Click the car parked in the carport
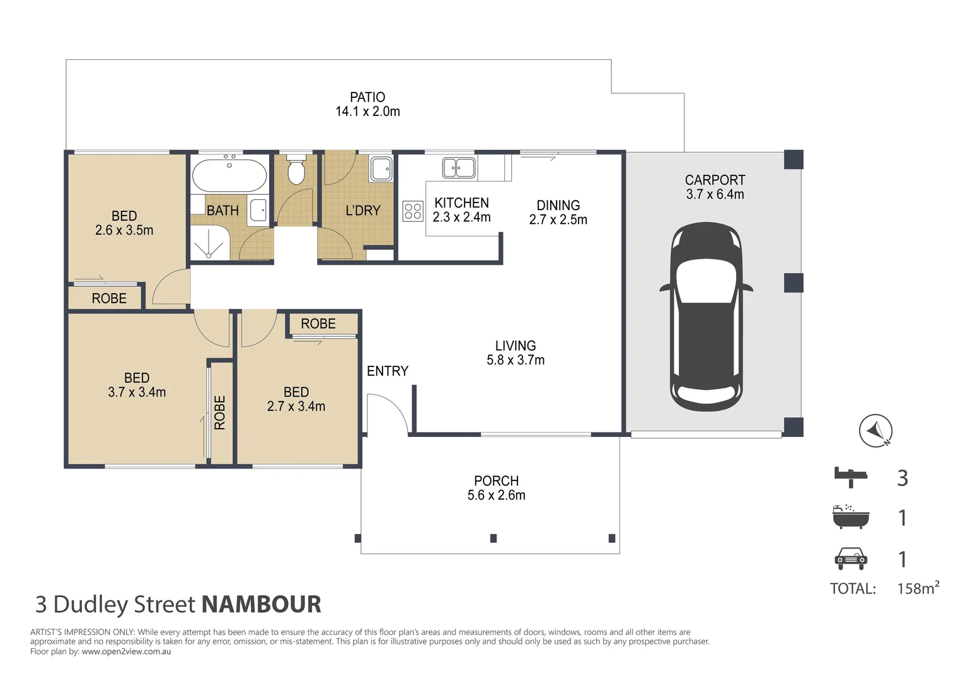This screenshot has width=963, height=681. tap(706, 317)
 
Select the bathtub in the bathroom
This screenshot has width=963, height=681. tap(229, 175)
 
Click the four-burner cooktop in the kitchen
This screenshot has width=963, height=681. tap(413, 211)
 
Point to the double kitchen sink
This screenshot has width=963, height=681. tap(459, 167)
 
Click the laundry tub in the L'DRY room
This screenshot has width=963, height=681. tap(381, 168)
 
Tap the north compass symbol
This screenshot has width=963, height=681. tap(876, 431)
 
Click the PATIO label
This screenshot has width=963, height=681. tap(367, 97)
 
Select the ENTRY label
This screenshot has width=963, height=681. tap(388, 371)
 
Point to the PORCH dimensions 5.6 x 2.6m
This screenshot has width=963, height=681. tap(496, 495)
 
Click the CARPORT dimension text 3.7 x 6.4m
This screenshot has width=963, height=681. tap(715, 194)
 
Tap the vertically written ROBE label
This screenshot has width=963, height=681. tap(220, 412)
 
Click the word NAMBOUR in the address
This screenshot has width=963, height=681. tap(262, 604)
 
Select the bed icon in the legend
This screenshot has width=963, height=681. tap(851, 477)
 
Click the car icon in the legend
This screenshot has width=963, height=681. tap(851, 559)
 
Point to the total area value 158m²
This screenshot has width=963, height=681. tap(918, 587)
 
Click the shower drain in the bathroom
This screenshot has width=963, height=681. tap(209, 255)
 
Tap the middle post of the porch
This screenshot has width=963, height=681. tap(493, 538)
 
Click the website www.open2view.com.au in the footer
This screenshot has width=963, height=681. tap(127, 651)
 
